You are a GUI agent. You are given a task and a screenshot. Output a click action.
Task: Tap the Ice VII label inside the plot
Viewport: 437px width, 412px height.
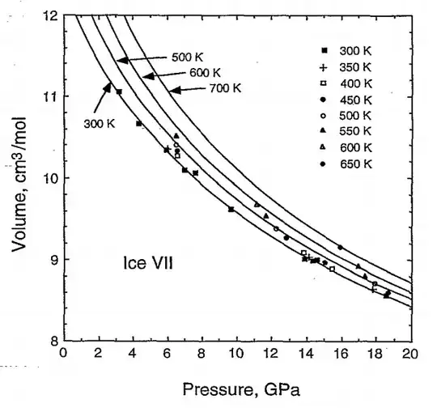147,263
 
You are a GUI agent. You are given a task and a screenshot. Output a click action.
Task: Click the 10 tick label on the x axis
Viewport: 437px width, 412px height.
235,353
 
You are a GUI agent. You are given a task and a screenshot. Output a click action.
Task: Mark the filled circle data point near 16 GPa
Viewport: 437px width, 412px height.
340,247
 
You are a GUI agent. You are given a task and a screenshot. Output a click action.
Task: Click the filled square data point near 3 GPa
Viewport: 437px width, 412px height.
119,91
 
